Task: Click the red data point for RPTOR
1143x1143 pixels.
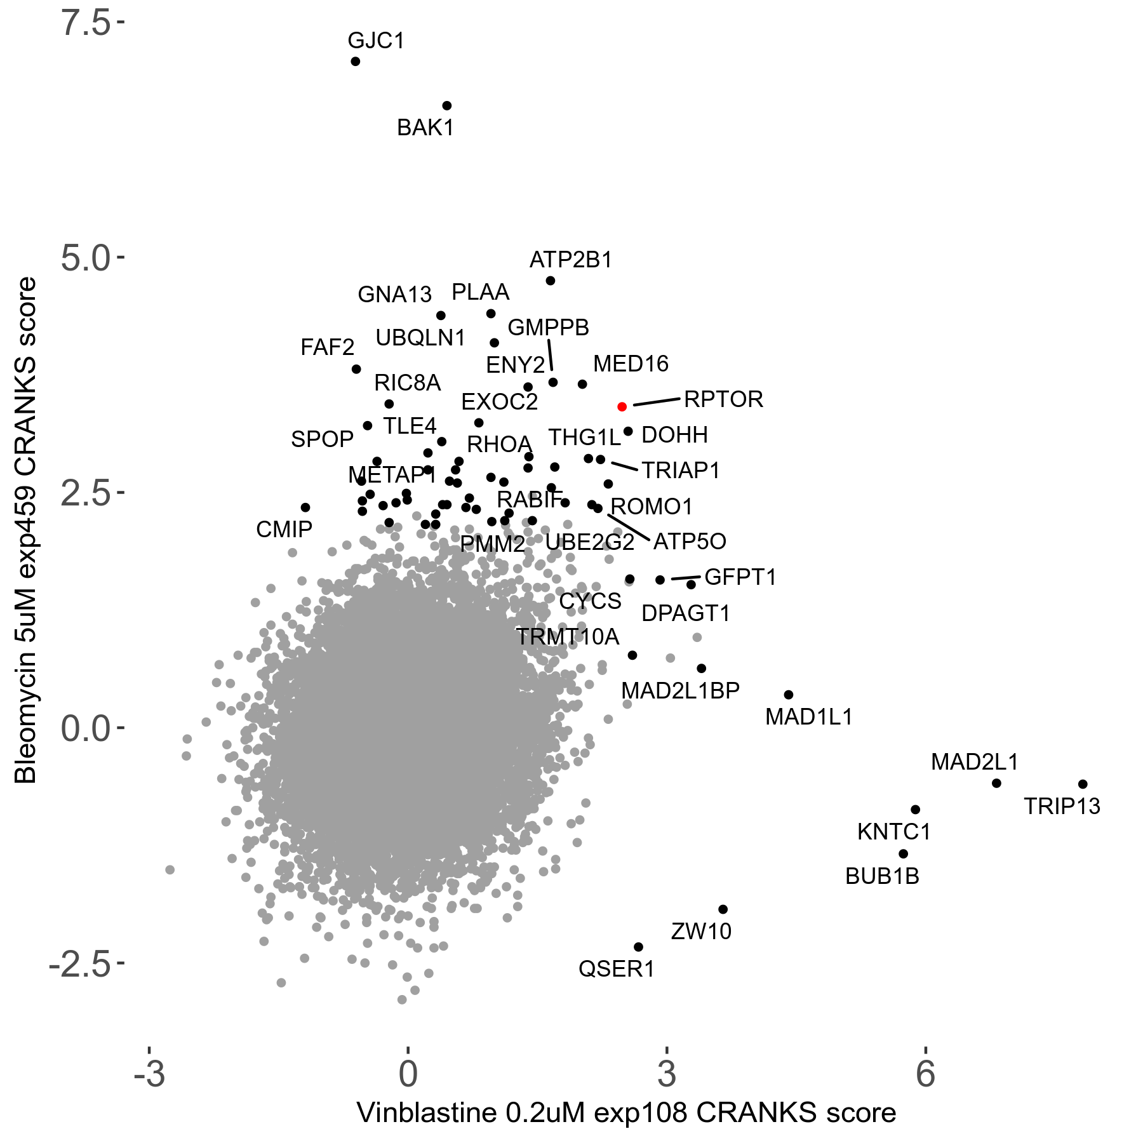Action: tap(622, 406)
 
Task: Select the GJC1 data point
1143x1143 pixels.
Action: tap(355, 62)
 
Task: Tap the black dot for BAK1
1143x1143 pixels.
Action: tap(446, 105)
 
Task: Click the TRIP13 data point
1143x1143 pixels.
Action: tap(1083, 784)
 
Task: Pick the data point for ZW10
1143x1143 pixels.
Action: tap(723, 909)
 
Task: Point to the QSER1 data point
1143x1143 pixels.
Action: tap(638, 947)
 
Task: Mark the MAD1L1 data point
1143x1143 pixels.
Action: tap(789, 695)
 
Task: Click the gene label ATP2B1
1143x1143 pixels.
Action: tap(570, 260)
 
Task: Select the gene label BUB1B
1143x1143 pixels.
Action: tap(882, 876)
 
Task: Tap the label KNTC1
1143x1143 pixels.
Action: tap(893, 832)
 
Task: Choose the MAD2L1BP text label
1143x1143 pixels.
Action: tap(680, 690)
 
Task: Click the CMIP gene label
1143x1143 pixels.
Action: tap(284, 529)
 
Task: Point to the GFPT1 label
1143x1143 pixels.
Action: tap(740, 577)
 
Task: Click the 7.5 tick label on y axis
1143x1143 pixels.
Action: tap(85, 23)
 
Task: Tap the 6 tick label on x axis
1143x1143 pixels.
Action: tap(925, 1074)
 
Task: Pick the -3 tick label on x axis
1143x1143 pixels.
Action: tap(149, 1074)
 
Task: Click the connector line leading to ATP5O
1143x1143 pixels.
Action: tap(629, 527)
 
